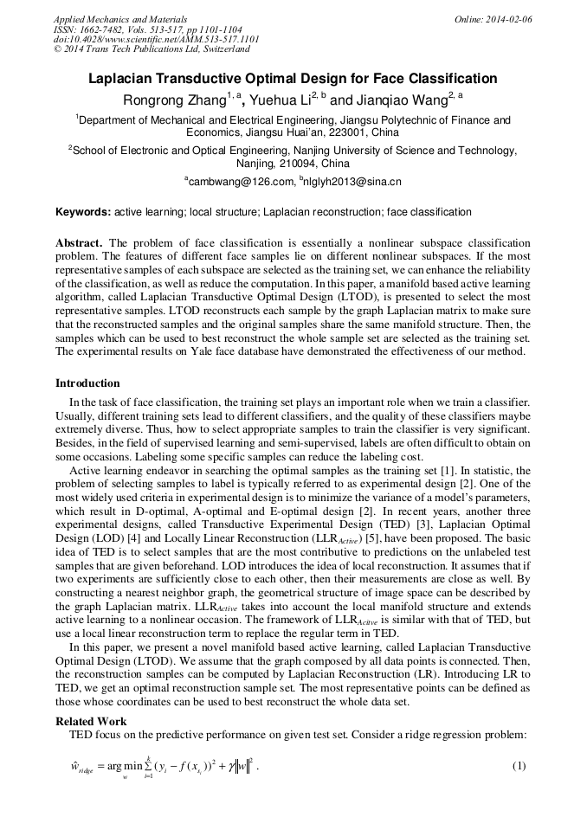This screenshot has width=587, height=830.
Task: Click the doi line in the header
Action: point(156,40)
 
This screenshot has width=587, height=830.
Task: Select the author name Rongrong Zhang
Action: point(174,100)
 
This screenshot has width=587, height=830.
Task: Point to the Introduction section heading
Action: point(87,383)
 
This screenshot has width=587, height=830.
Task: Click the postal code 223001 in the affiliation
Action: point(346,133)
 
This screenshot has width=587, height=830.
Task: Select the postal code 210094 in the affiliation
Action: point(296,164)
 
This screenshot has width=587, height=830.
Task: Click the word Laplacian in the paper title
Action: point(124,79)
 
